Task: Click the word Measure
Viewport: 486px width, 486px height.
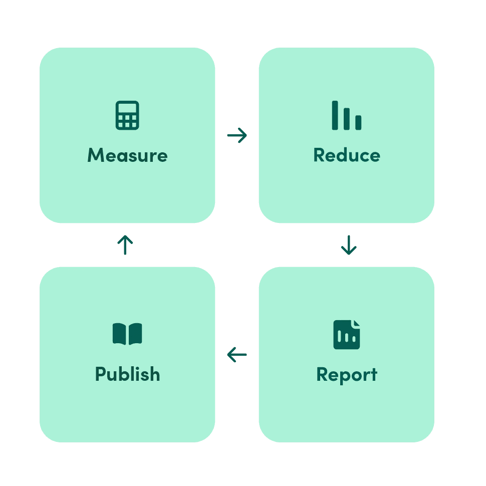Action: pyautogui.click(x=127, y=155)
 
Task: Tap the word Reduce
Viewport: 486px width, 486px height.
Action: pyautogui.click(x=347, y=155)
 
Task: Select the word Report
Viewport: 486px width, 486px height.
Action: pyautogui.click(x=347, y=375)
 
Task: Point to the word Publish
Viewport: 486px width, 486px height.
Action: pyautogui.click(x=127, y=374)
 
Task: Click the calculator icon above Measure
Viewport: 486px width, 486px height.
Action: pyautogui.click(x=127, y=115)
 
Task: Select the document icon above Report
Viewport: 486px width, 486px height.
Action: pyautogui.click(x=346, y=334)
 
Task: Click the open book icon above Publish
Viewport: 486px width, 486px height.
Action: pyautogui.click(x=127, y=334)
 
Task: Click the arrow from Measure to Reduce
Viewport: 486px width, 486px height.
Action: pyautogui.click(x=237, y=135)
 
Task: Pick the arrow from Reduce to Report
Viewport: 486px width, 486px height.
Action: pyautogui.click(x=349, y=245)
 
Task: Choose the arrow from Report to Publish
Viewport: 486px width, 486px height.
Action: pyautogui.click(x=237, y=355)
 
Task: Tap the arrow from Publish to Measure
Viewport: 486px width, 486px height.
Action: pyautogui.click(x=125, y=245)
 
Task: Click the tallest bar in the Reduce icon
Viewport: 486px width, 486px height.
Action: pyautogui.click(x=335, y=115)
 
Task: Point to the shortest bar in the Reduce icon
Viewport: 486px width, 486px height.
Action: pyautogui.click(x=358, y=122)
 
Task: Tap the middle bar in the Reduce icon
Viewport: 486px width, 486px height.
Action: pyautogui.click(x=347, y=119)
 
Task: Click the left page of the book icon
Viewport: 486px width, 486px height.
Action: pyautogui.click(x=119, y=334)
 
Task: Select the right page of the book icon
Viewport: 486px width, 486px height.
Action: pyautogui.click(x=135, y=334)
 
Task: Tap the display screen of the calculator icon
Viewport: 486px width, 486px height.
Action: pyautogui.click(x=127, y=108)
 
